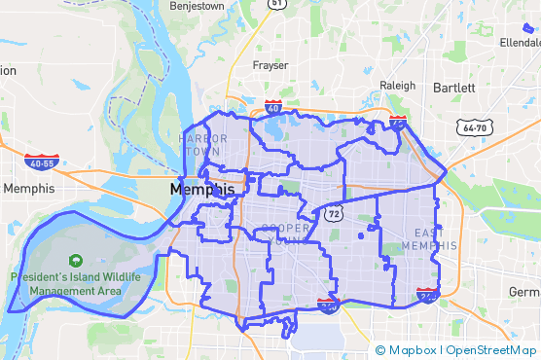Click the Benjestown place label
[x=198, y=5]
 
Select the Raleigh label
[x=397, y=85]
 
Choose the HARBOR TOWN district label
[x=203, y=145]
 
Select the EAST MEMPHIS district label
[x=435, y=238]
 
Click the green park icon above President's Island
[x=74, y=261]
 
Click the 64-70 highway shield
[x=474, y=127]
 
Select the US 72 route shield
[x=334, y=211]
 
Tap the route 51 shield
[x=278, y=3]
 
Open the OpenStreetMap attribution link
[x=491, y=350]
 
